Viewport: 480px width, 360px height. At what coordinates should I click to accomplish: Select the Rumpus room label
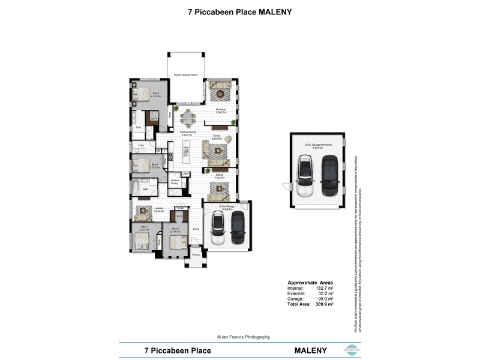point(221,110)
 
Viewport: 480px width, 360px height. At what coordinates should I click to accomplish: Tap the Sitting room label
point(220,176)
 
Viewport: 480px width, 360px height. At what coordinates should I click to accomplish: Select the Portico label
point(196,255)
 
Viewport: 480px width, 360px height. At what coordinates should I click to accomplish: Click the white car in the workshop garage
point(305,175)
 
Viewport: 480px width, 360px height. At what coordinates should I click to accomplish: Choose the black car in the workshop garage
point(329,175)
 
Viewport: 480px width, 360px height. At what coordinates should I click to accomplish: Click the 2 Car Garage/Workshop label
point(318,146)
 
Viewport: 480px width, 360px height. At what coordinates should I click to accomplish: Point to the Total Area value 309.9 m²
point(325,304)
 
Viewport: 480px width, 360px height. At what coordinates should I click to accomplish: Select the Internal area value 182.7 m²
point(325,288)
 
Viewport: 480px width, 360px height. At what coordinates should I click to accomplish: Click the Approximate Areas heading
point(310,283)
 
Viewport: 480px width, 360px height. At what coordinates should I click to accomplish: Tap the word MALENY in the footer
point(310,350)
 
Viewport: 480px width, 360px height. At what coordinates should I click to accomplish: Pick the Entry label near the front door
point(196,229)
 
